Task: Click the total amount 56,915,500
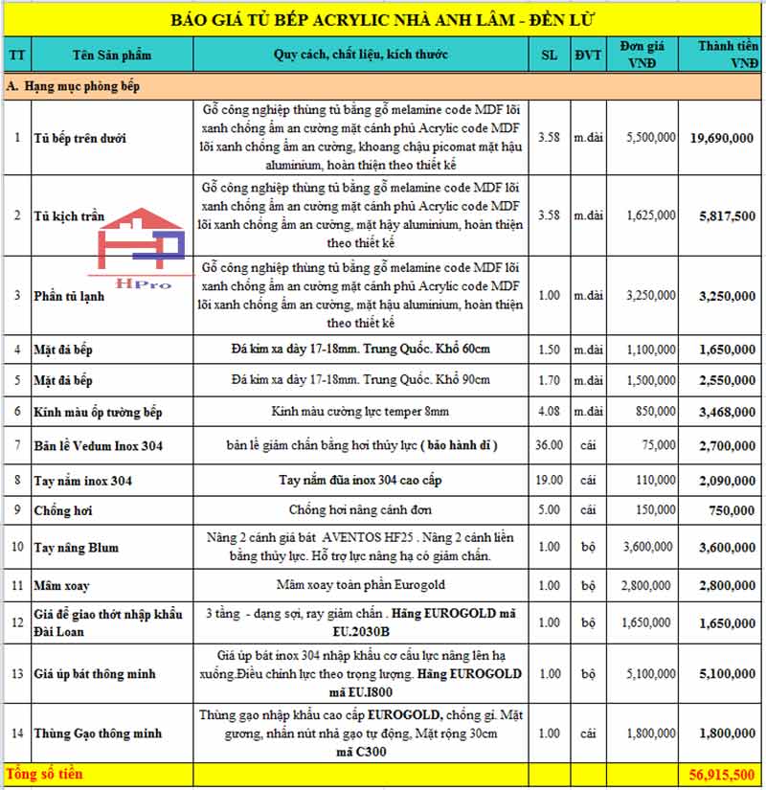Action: pyautogui.click(x=722, y=773)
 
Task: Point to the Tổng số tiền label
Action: pyautogui.click(x=45, y=773)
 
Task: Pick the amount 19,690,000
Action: pyautogui.click(x=722, y=138)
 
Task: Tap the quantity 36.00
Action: pyautogui.click(x=549, y=444)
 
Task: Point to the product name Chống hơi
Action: pyautogui.click(x=62, y=510)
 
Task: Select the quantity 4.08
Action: pyautogui.click(x=549, y=412)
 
